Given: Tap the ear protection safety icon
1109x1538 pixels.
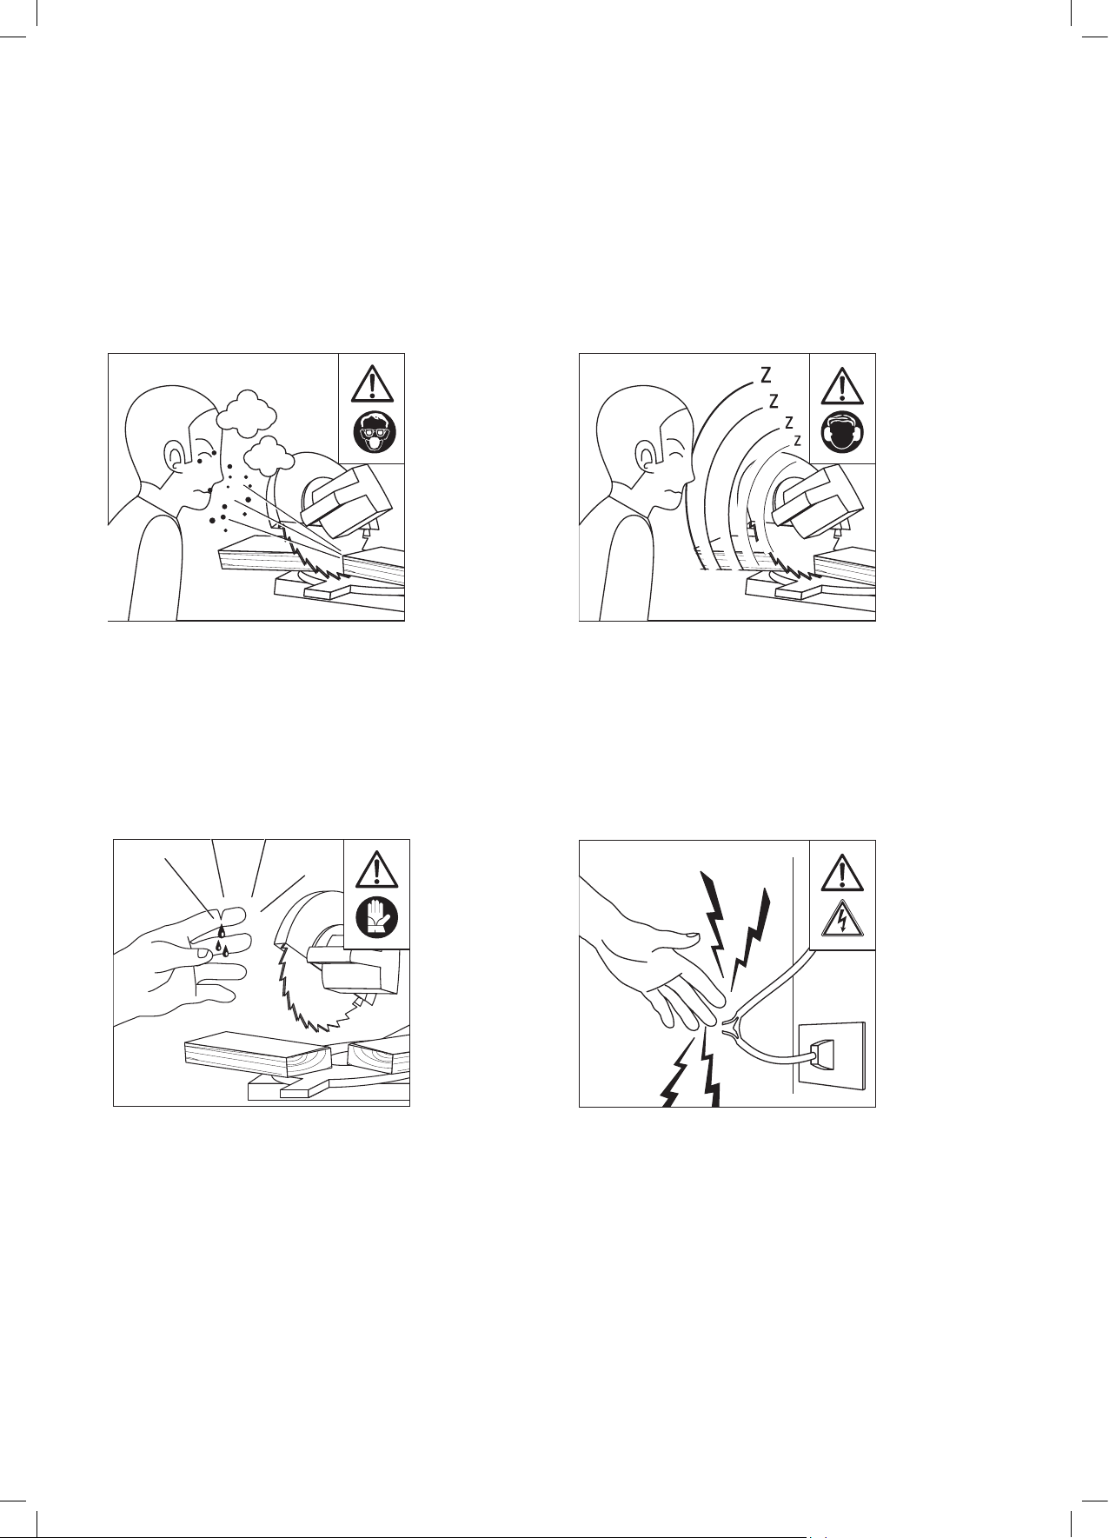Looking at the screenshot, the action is pyautogui.click(x=842, y=433).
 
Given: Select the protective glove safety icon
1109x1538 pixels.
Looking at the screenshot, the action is pyautogui.click(x=376, y=917).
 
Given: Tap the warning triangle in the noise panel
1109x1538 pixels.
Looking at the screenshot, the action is pyautogui.click(x=842, y=384).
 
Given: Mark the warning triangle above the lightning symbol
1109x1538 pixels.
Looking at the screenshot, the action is pyautogui.click(x=842, y=870).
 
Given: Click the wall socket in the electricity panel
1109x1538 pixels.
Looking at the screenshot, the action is pyautogui.click(x=832, y=1055).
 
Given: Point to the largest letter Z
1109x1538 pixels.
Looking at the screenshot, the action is pyautogui.click(x=766, y=376).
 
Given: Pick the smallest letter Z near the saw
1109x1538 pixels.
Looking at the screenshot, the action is pyautogui.click(x=797, y=441).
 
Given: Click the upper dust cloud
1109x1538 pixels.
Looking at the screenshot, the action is pyautogui.click(x=246, y=412).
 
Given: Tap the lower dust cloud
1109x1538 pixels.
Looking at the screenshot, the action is pyautogui.click(x=269, y=455).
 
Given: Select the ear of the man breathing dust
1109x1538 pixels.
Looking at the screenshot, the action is pyautogui.click(x=179, y=458).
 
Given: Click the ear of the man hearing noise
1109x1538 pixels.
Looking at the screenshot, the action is pyautogui.click(x=647, y=457).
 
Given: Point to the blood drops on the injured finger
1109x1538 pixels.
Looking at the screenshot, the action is pyautogui.click(x=222, y=941).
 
